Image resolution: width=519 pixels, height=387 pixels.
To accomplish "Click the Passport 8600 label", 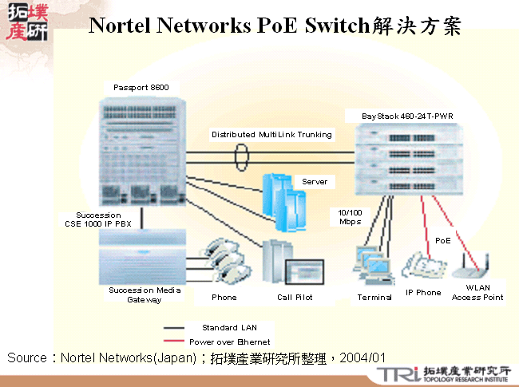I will (141, 87).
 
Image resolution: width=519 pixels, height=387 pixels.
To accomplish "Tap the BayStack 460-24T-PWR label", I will (406, 116).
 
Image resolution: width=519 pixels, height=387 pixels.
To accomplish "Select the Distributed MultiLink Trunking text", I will (271, 135).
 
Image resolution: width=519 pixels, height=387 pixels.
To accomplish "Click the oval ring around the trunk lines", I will (243, 157).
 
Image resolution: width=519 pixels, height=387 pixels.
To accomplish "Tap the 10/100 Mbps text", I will (350, 216).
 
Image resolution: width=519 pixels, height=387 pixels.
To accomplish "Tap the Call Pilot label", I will (295, 297).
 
